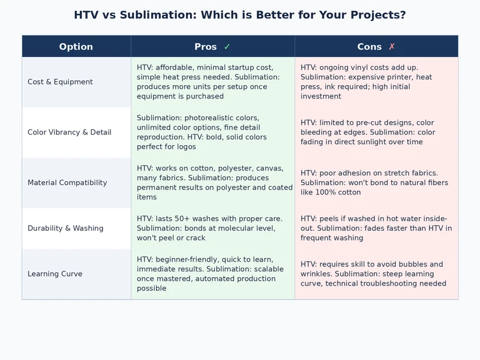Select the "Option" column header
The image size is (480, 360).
pos(76,47)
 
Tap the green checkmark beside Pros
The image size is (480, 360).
pos(227,47)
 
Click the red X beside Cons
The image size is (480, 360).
pos(392,47)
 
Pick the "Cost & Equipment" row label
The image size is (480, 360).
pos(60,82)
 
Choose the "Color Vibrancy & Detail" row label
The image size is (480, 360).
pos(70,133)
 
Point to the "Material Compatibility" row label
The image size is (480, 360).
pos(67,183)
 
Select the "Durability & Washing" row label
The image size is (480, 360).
pos(65,229)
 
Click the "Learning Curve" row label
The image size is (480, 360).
pos(55,274)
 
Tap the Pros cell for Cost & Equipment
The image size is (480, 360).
pos(212,82)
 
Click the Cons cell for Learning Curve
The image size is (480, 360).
pos(376,274)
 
